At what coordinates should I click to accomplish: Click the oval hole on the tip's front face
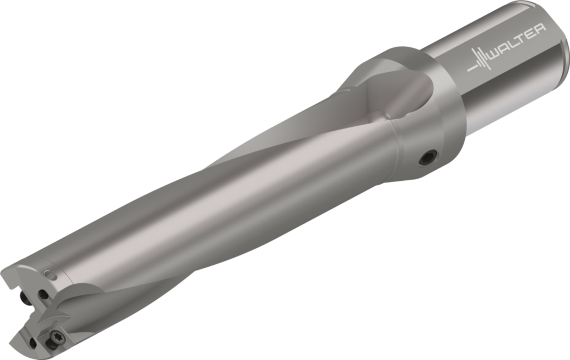[42, 294]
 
